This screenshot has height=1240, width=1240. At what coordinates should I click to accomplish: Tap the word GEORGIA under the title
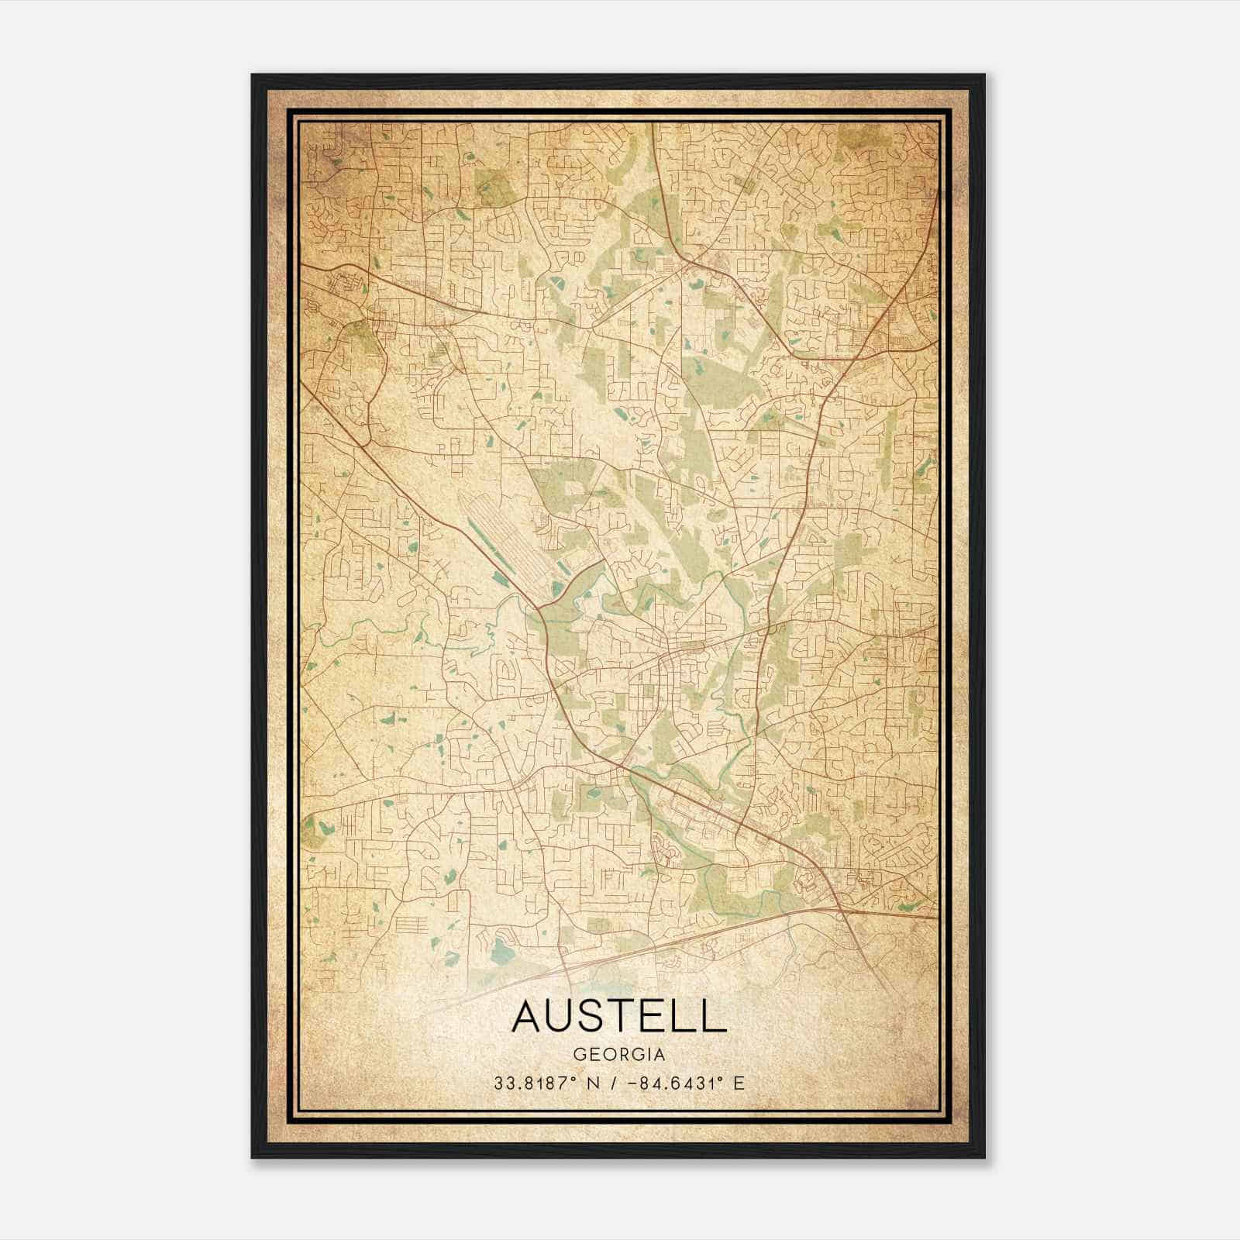[619, 1056]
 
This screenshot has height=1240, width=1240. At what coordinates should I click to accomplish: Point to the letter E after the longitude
[739, 1083]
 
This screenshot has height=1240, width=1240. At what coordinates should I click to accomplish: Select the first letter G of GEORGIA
[580, 1056]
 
